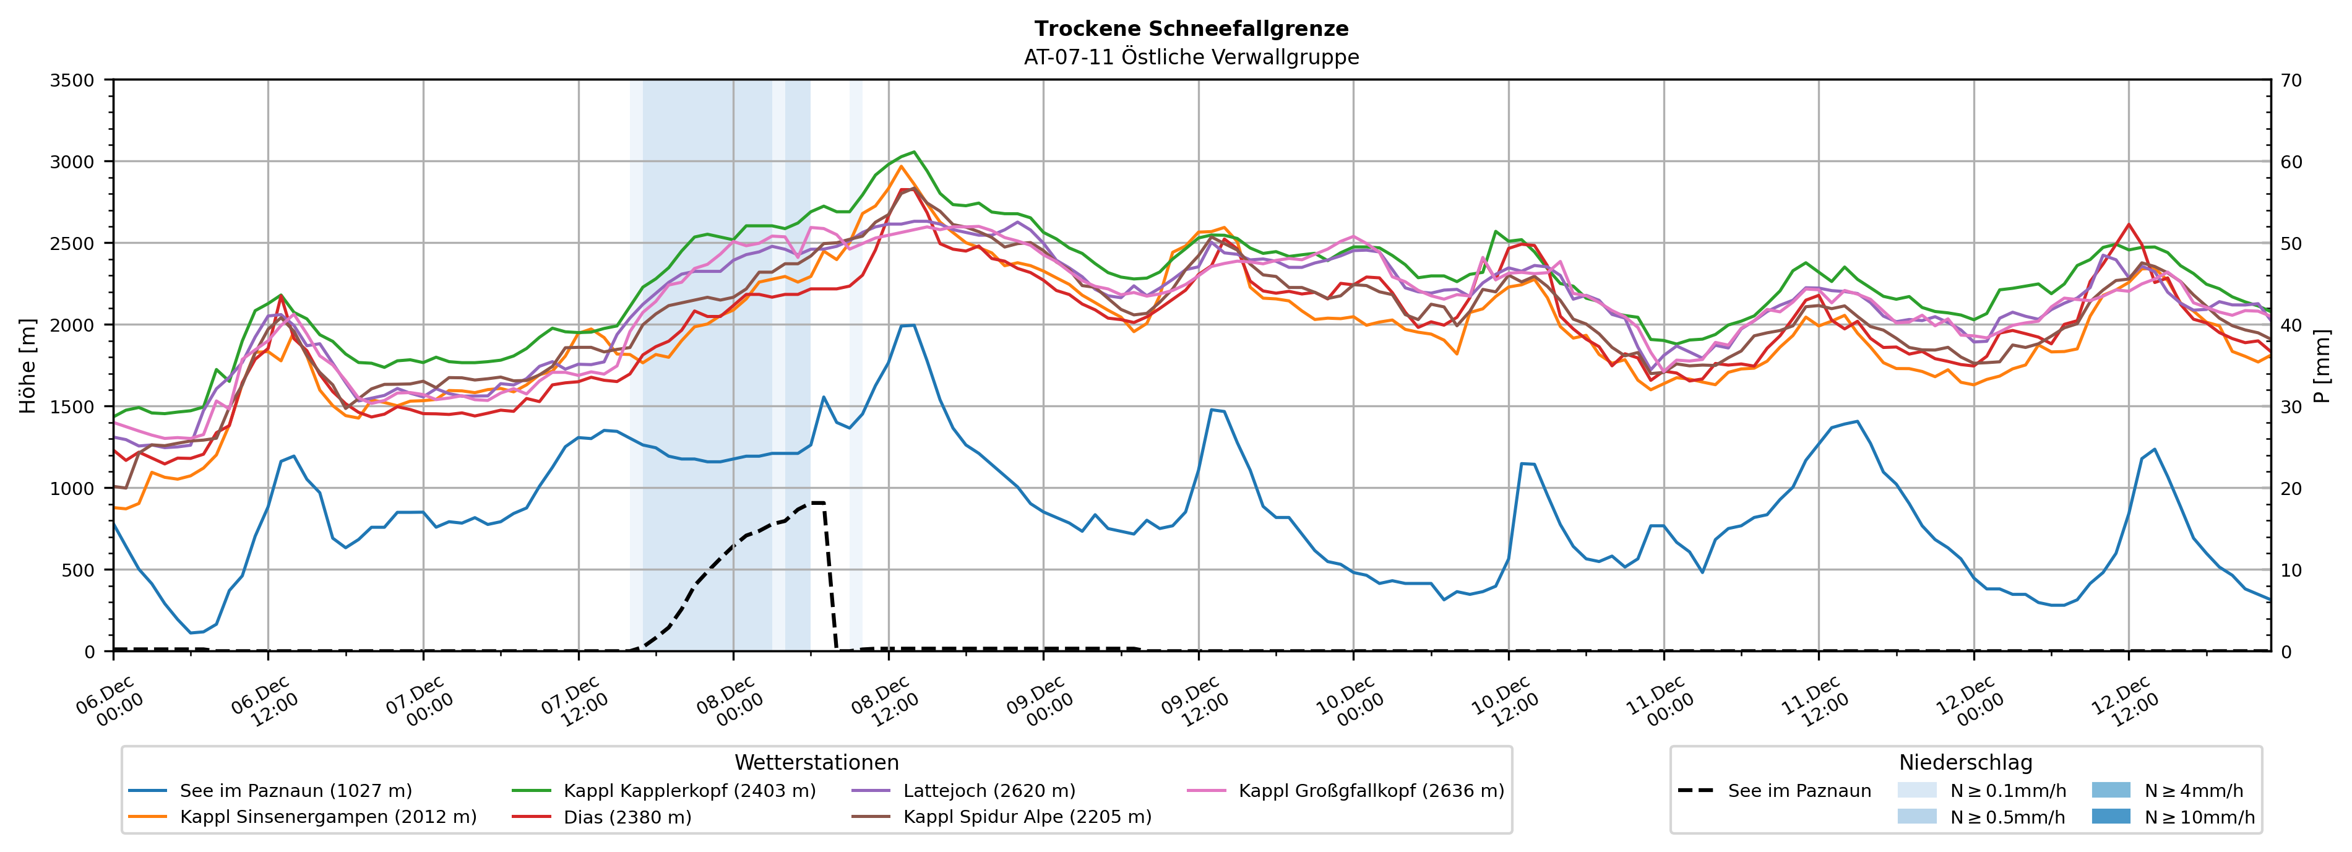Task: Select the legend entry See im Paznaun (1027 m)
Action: [x=295, y=791]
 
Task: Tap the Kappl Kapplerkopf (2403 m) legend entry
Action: [x=689, y=791]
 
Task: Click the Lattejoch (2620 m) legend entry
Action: [x=989, y=791]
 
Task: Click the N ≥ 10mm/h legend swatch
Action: [x=2110, y=816]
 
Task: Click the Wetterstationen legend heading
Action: [x=816, y=762]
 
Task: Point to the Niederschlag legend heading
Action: [x=1965, y=762]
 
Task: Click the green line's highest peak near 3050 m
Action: [x=914, y=152]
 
